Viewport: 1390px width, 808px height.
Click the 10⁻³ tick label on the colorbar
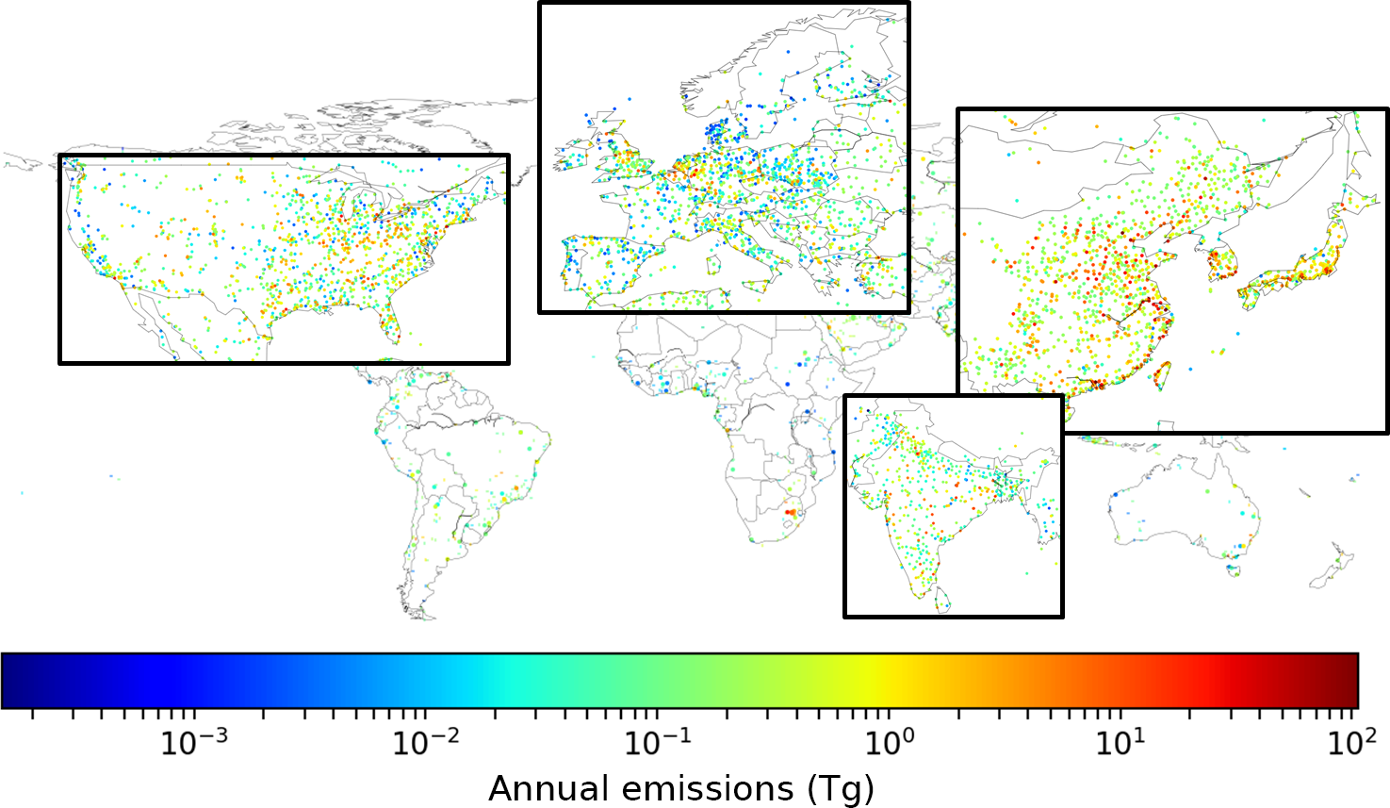[x=194, y=744]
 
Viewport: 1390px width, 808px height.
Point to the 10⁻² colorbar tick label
[x=426, y=744]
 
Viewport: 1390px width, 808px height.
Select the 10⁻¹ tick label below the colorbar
[x=658, y=744]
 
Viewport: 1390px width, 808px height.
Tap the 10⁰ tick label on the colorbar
[x=889, y=744]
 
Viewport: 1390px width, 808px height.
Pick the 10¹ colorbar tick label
[x=1120, y=744]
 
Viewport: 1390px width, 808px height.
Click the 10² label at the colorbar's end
[x=1351, y=744]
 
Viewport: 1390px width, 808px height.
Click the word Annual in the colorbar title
[x=543, y=788]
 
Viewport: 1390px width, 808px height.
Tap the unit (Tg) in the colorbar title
[x=841, y=788]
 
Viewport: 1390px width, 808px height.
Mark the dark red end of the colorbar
[x=1349, y=680]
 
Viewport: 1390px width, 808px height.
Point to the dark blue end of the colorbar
[x=11, y=680]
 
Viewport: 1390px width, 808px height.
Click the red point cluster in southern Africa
[x=790, y=512]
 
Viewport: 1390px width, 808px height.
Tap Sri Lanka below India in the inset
[x=943, y=598]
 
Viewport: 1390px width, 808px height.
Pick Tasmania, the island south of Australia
[x=1233, y=569]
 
